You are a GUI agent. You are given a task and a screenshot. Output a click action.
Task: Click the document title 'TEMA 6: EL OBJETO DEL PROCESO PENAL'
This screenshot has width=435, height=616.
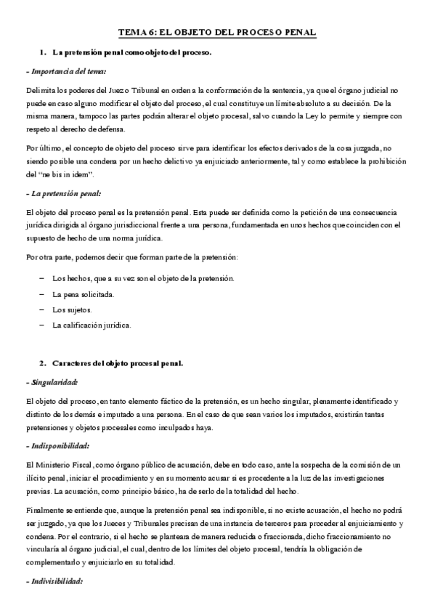click(x=217, y=33)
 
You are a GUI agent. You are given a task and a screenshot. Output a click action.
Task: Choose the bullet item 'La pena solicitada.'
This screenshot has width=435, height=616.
click(x=84, y=294)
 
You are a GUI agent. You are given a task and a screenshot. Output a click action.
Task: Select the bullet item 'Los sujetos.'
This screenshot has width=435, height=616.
click(x=72, y=309)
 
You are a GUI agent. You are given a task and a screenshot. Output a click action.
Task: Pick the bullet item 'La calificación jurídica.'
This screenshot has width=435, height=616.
click(x=92, y=325)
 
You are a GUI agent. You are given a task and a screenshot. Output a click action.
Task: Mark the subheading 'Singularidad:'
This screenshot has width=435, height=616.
click(x=52, y=381)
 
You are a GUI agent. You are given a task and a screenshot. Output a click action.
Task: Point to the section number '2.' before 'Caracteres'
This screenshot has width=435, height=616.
click(x=43, y=362)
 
